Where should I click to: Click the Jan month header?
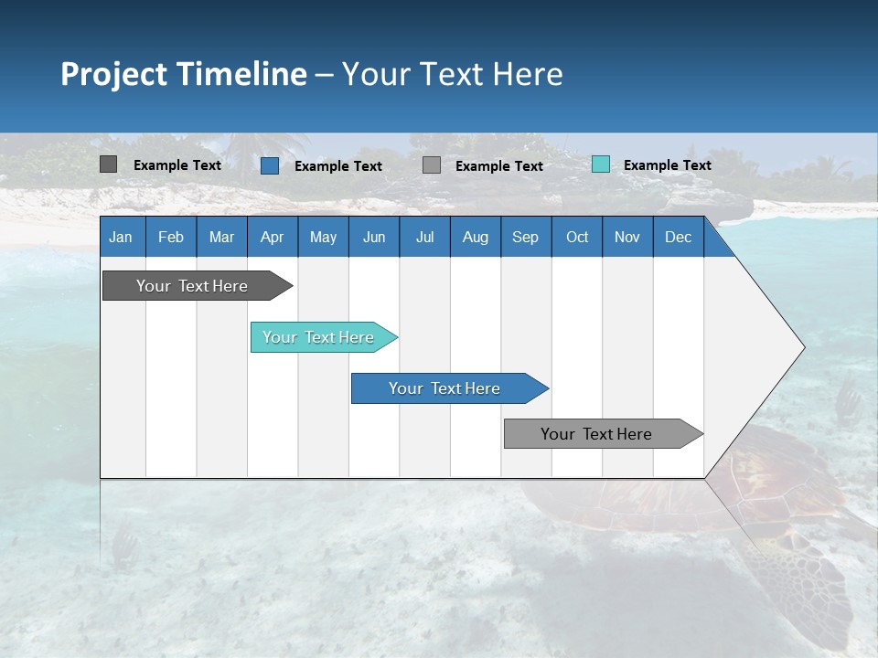pos(121,237)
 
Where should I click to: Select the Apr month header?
pos(272,237)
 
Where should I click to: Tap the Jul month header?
pos(424,237)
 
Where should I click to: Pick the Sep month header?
pos(525,237)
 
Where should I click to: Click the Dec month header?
pos(678,237)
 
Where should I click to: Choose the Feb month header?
pos(171,237)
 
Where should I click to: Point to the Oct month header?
pos(577,237)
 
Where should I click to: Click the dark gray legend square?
pos(108,164)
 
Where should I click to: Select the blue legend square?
pos(269,165)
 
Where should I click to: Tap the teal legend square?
pos(600,164)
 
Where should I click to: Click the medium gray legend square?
pos(432,164)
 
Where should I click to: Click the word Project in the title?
pos(113,74)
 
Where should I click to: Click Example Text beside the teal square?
pos(667,164)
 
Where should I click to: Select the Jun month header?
pos(374,237)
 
